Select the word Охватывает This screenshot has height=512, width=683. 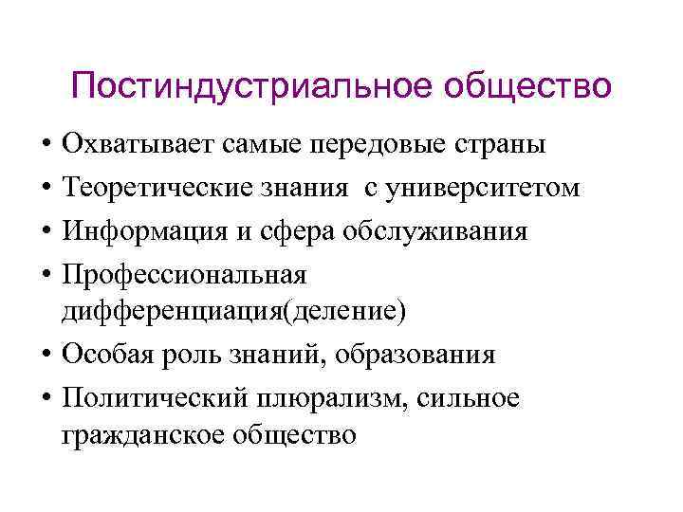point(138,145)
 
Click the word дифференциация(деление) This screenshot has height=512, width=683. point(233,309)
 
